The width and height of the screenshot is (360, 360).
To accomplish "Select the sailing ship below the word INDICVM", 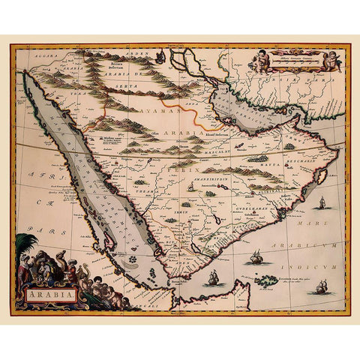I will coord(322,286).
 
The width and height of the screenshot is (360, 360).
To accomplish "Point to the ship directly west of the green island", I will coord(213,278).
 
